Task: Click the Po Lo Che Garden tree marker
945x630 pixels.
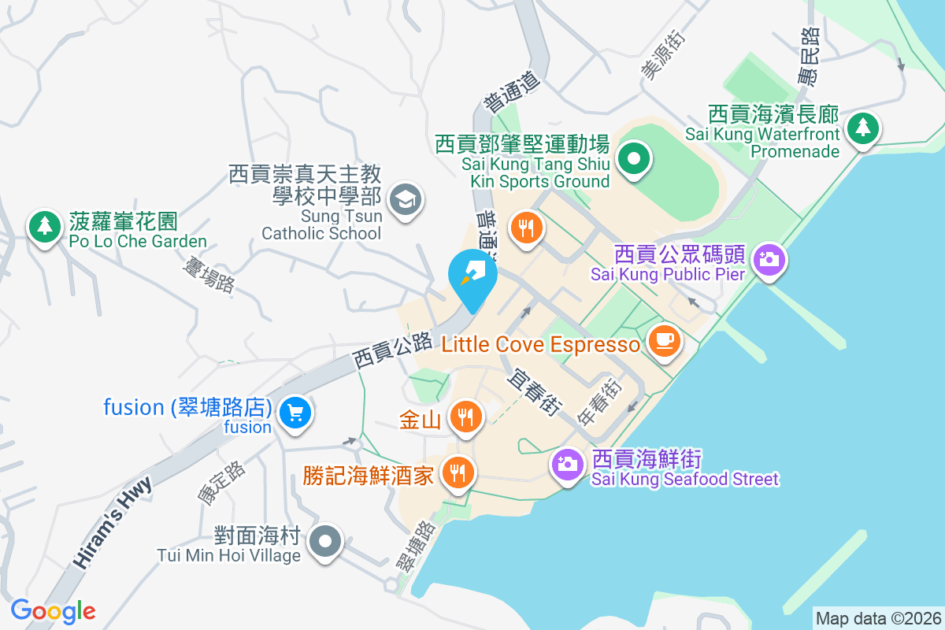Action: pyautogui.click(x=45, y=227)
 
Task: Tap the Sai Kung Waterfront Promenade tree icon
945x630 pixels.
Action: pyautogui.click(x=863, y=127)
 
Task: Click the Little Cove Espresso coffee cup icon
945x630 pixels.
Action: pyautogui.click(x=665, y=340)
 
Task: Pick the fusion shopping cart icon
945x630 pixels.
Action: pyautogui.click(x=296, y=412)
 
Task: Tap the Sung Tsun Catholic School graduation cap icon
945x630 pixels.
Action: pyautogui.click(x=406, y=198)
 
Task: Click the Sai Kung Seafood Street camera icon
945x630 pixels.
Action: pyautogui.click(x=567, y=464)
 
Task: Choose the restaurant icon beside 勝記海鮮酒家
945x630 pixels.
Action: pyautogui.click(x=456, y=473)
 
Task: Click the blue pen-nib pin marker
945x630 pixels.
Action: pyautogui.click(x=472, y=277)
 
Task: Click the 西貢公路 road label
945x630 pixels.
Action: pyautogui.click(x=393, y=350)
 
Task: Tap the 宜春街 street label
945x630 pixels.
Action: pyautogui.click(x=534, y=392)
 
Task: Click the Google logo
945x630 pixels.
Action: pyautogui.click(x=53, y=611)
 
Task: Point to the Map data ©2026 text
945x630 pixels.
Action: pyautogui.click(x=877, y=618)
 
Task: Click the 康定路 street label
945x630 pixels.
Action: pyautogui.click(x=221, y=482)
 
